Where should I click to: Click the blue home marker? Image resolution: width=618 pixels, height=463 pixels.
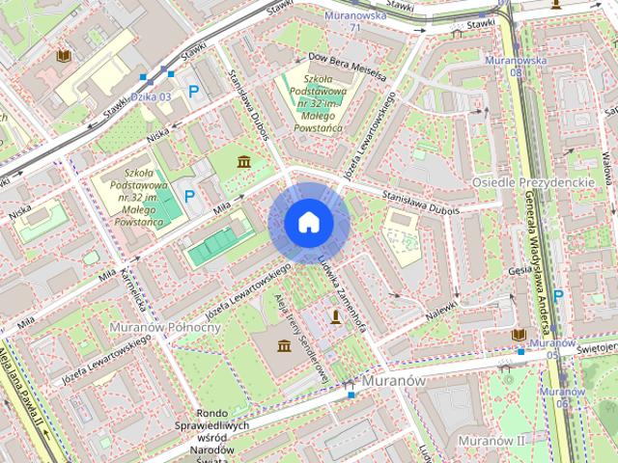coord(308,223)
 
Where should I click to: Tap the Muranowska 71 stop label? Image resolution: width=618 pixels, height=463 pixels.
coord(354,20)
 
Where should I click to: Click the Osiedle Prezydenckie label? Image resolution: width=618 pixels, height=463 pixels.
coord(531,182)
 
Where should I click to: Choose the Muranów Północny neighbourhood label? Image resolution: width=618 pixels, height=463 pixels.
coord(166,327)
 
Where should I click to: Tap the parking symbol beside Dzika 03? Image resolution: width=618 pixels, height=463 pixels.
coord(193,92)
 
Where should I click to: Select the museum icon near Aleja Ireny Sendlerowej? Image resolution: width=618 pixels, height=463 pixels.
coord(284,346)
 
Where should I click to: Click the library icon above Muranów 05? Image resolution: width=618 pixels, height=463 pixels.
coord(520,335)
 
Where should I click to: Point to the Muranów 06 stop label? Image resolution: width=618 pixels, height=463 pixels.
coord(557,397)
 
